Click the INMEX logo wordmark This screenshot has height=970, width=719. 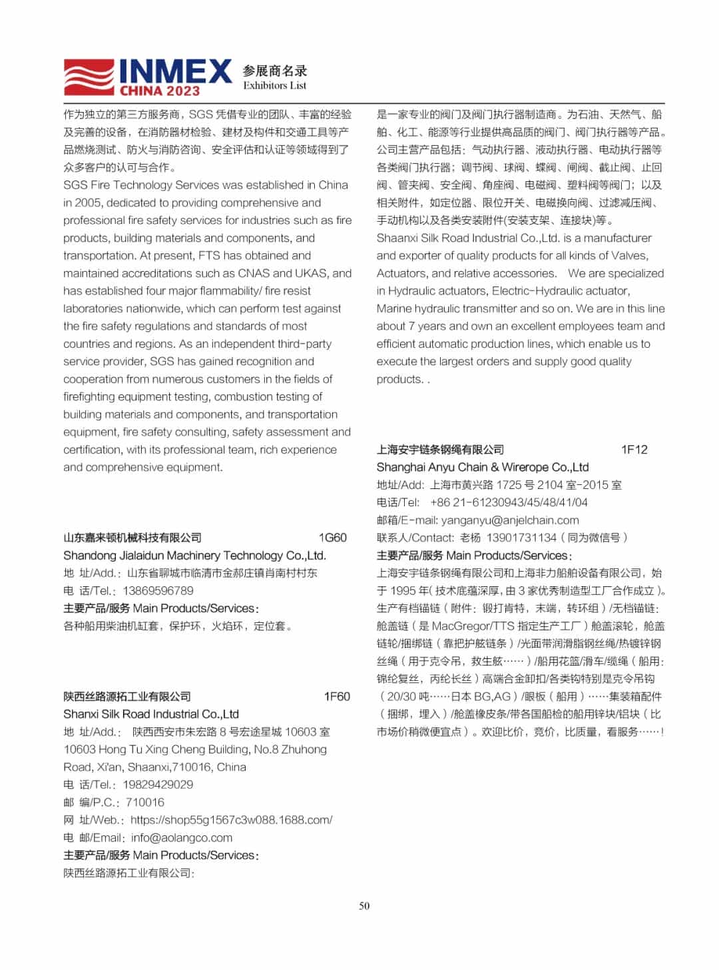pyautogui.click(x=175, y=71)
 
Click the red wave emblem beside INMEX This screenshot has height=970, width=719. pyautogui.click(x=89, y=77)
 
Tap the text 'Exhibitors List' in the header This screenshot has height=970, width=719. pyautogui.click(x=274, y=85)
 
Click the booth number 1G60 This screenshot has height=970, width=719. pyautogui.click(x=332, y=538)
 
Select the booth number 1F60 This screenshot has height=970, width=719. pyautogui.click(x=336, y=696)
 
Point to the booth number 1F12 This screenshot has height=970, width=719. pyautogui.click(x=634, y=450)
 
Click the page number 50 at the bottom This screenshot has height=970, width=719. pyautogui.click(x=364, y=905)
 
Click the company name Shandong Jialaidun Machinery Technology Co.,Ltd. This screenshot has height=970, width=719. pyautogui.click(x=194, y=556)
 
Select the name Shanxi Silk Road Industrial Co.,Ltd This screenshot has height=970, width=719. pyautogui.click(x=151, y=714)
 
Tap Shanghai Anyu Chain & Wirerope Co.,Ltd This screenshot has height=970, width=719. pyautogui.click(x=483, y=467)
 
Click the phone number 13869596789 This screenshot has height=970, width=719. pyautogui.click(x=158, y=591)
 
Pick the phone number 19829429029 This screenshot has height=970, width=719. pyautogui.click(x=158, y=785)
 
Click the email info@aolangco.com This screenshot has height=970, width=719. pyautogui.click(x=182, y=838)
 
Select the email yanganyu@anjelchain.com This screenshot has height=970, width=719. pyautogui.click(x=510, y=520)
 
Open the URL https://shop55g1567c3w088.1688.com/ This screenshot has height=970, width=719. pyautogui.click(x=231, y=820)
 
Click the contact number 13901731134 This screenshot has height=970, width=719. pyautogui.click(x=521, y=538)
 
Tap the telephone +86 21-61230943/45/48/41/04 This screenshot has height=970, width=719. pyautogui.click(x=509, y=502)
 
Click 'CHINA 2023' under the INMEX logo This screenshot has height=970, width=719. pyautogui.click(x=159, y=91)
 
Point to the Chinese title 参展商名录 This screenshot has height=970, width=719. pyautogui.click(x=275, y=71)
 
